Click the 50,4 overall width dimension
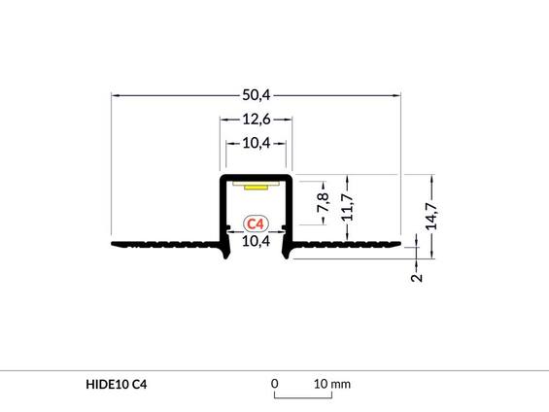(x=256, y=95)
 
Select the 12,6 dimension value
(x=256, y=120)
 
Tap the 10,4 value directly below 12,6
(x=256, y=144)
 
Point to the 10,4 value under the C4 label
(x=256, y=242)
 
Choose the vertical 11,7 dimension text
(x=347, y=206)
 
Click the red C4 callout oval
(x=256, y=224)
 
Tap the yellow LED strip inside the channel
(x=256, y=185)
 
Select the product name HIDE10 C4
(x=117, y=385)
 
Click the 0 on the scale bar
(x=275, y=384)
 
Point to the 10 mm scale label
(x=331, y=384)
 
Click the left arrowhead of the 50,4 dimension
(x=116, y=95)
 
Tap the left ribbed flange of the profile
(x=165, y=244)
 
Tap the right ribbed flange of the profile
(x=345, y=244)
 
